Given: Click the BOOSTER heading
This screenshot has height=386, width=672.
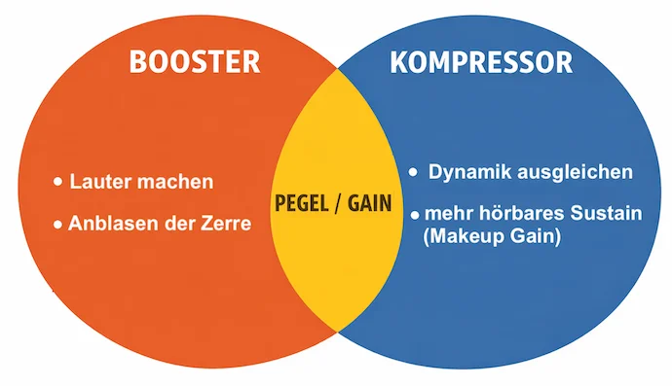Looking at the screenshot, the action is pos(195,62).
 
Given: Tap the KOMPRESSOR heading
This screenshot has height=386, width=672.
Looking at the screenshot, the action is pos(481,62).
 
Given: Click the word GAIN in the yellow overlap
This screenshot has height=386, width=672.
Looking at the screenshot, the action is pos(369,203).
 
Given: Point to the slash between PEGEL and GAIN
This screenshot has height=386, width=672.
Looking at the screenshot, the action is pos(338,203).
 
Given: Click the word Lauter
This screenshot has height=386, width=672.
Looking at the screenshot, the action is pos(100,182).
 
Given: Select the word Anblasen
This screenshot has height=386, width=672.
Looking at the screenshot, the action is pos(110,224).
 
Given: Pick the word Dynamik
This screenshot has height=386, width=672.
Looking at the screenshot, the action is pos(469,172).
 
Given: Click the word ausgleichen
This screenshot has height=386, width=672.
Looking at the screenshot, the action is pos(576,172).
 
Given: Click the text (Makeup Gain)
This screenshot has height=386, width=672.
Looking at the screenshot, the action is pos(492,236).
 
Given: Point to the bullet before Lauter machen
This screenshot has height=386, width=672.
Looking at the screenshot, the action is pos(57,182).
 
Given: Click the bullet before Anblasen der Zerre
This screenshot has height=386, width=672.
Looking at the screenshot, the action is pos(57,225).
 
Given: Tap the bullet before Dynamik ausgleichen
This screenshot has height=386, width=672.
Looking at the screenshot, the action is pos(413,172).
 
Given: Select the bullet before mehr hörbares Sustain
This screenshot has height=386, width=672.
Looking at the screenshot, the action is pos(415,215).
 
